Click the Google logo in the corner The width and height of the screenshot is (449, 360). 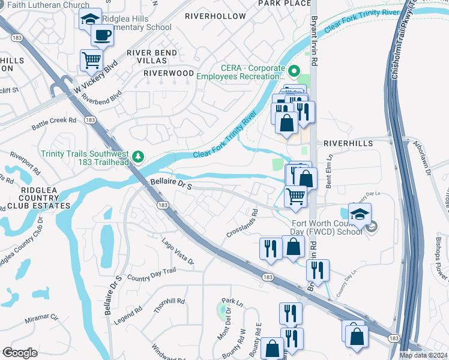pos(20,352)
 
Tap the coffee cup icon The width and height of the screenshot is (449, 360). pos(101,36)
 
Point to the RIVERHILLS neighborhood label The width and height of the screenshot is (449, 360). pos(348,144)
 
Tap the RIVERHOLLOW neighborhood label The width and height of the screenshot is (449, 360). pos(215,16)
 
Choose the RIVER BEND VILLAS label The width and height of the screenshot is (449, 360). pos(152,57)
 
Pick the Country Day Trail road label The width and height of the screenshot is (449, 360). pos(151,274)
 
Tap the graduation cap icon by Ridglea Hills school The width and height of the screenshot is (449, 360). pos(91,20)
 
